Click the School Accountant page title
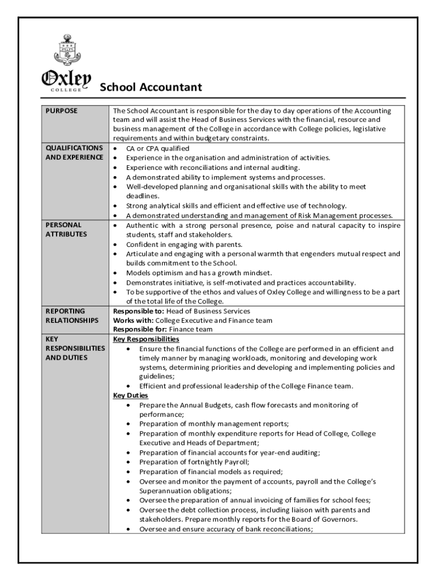pyautogui.click(x=151, y=87)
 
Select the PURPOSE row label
pyautogui.click(x=61, y=111)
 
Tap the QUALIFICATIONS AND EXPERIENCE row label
pyautogui.click(x=74, y=152)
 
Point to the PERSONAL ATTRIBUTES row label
pyautogui.click(x=64, y=229)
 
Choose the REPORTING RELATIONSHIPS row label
pyautogui.click(x=72, y=315)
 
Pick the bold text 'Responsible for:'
pyautogui.click(x=140, y=329)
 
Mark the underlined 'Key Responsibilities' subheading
pyautogui.click(x=146, y=339)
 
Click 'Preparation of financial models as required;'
pyautogui.click(x=211, y=471)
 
